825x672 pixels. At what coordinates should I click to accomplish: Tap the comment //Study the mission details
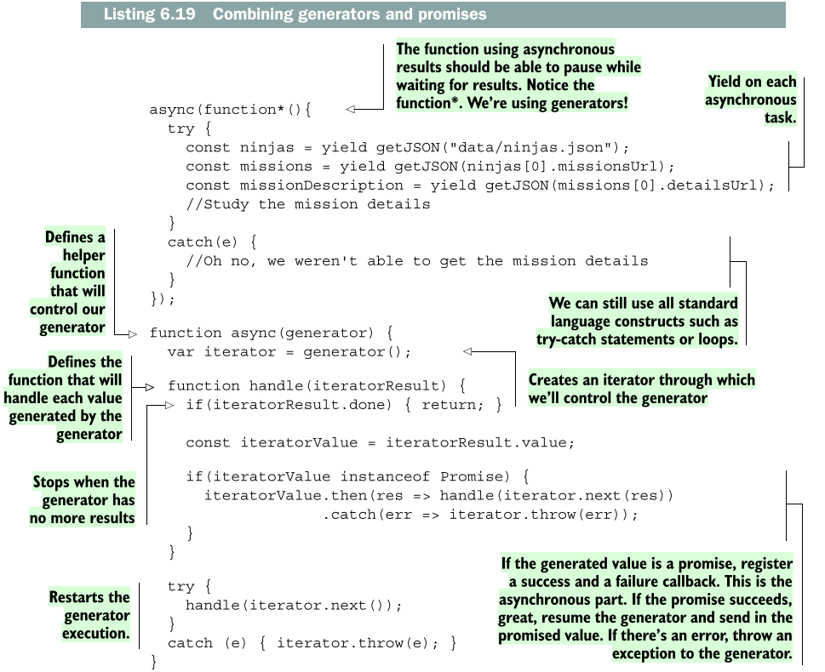[308, 203]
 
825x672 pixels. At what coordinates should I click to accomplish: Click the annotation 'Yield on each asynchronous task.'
[750, 100]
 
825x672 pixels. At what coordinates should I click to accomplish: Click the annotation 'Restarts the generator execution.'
[89, 616]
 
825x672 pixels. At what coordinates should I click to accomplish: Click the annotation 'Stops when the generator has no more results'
[83, 499]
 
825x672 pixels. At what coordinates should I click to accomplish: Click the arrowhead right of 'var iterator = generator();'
[467, 351]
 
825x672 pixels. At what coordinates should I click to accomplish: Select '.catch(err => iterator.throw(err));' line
[479, 514]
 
